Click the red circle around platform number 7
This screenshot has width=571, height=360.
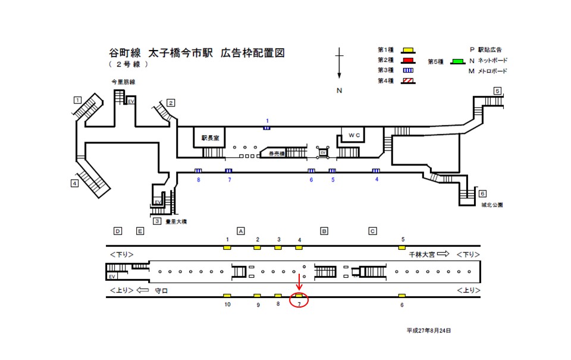tap(299, 300)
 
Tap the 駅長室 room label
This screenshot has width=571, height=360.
tap(210, 137)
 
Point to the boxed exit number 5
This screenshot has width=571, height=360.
tap(497, 91)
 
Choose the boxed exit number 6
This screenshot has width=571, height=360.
tap(482, 194)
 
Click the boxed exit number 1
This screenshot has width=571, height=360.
tap(77, 99)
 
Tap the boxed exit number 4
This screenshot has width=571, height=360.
tap(74, 183)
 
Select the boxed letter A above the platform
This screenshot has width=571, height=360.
tap(241, 230)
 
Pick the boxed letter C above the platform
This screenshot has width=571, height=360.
tap(372, 230)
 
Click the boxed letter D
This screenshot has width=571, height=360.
tap(118, 230)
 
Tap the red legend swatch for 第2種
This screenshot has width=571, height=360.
tap(408, 60)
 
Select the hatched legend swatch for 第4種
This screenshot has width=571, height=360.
tap(408, 81)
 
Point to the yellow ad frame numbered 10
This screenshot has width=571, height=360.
tap(227, 296)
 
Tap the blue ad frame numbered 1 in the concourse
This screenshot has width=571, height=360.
tap(267, 127)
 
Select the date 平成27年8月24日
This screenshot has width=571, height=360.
tap(429, 330)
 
